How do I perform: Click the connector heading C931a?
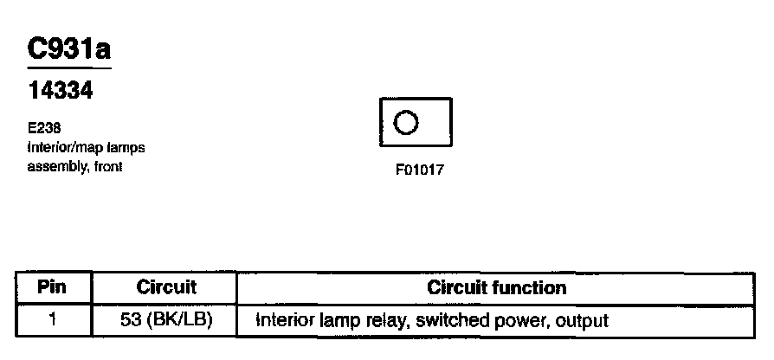[x=69, y=50]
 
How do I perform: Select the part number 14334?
[x=60, y=91]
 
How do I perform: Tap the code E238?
[x=43, y=127]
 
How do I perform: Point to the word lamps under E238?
[x=126, y=148]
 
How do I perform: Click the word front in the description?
[x=107, y=167]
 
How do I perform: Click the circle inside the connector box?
[x=406, y=123]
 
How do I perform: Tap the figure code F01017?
[x=419, y=170]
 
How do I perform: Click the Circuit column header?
[x=166, y=287]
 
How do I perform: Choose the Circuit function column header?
[x=497, y=287]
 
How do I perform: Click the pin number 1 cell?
[x=53, y=320]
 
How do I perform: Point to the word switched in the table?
[x=449, y=320]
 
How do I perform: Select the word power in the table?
[x=519, y=320]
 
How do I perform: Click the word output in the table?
[x=582, y=320]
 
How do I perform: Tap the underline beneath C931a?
[x=69, y=67]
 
